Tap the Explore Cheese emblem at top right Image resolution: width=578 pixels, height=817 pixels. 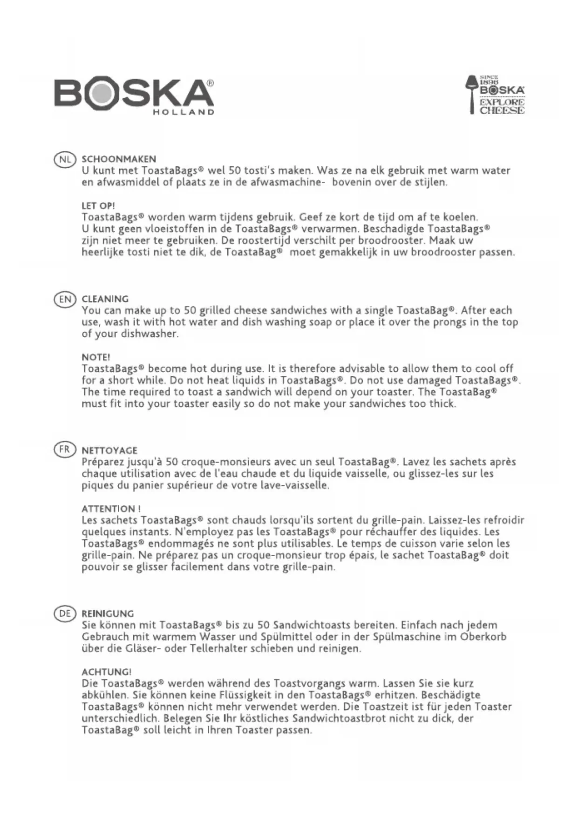pos(496,95)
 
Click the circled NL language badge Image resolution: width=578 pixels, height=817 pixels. pos(65,159)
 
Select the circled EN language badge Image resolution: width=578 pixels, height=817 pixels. pos(65,299)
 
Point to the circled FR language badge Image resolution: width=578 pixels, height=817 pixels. pos(65,450)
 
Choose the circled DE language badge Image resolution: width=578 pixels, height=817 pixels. pos(65,613)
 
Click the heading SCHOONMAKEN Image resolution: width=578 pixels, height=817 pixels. pos(119,159)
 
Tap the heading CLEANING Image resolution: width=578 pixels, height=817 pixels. pos(105,299)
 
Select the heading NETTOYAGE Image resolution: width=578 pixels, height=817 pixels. pos(109,450)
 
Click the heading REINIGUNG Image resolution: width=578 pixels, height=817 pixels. pos(108,614)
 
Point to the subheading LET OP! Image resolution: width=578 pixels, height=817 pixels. pos(98,206)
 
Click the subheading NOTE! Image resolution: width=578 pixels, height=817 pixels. pos(96,357)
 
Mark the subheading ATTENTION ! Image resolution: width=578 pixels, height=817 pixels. pos(111,509)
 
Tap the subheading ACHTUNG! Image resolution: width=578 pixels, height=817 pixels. pos(106,672)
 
